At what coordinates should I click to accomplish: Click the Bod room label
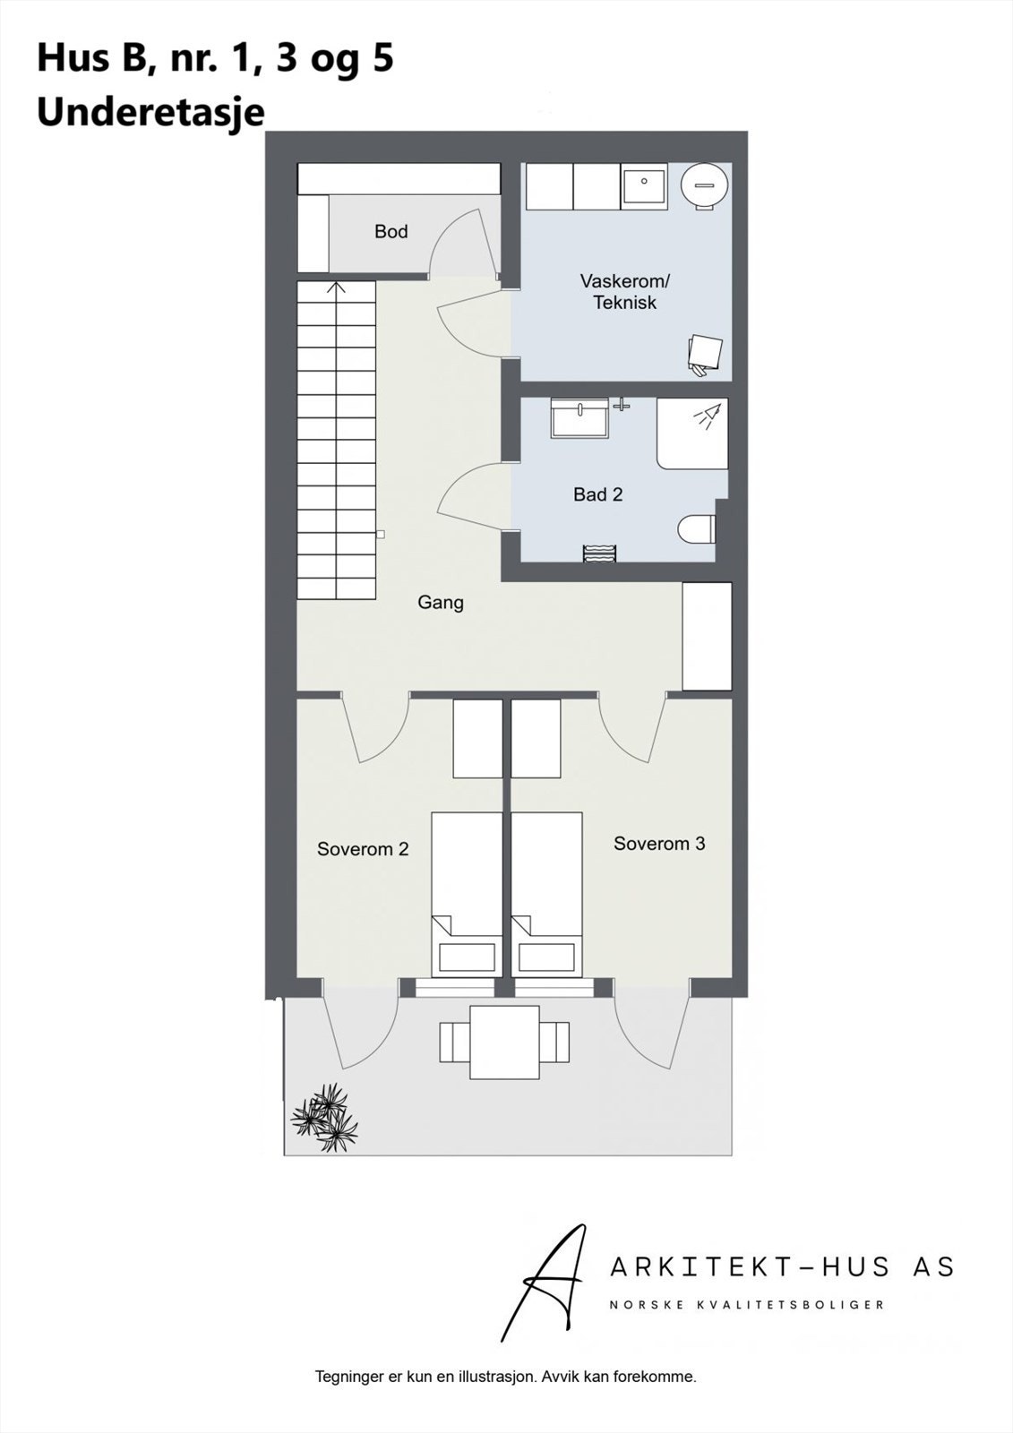391,232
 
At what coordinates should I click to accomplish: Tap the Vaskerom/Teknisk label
624,292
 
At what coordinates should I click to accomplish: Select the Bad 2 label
597,494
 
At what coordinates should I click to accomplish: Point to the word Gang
440,603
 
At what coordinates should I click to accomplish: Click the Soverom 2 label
363,849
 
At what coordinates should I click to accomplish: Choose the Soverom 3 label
659,844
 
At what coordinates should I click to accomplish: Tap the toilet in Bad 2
698,529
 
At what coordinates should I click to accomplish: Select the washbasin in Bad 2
579,418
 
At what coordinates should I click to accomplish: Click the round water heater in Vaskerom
704,185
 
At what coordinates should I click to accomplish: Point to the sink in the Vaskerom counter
644,186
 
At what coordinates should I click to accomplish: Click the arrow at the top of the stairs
337,288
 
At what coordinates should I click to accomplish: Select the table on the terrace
504,1043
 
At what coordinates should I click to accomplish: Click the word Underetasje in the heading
150,114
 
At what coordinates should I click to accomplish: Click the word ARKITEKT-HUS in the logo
751,1266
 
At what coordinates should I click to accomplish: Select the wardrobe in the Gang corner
707,636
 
